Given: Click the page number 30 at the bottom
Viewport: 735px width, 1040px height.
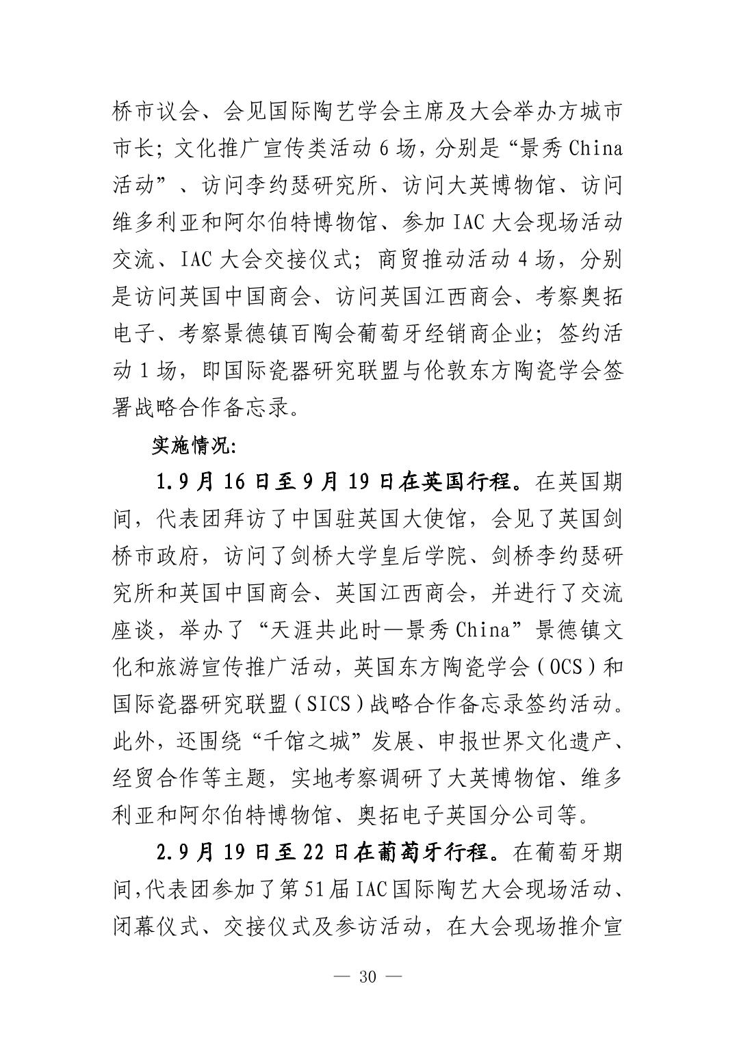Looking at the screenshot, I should click(x=367, y=976).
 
